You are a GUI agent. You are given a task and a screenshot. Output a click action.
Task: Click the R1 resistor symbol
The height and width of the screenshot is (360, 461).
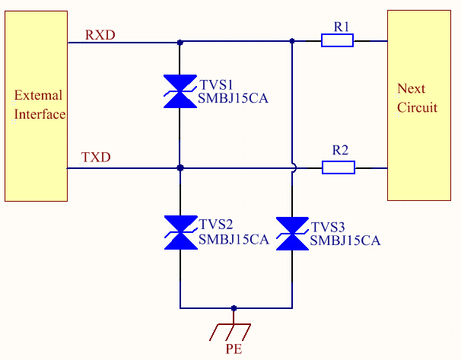coord(337,42)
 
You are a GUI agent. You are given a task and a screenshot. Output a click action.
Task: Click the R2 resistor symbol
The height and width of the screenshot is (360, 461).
coord(339,167)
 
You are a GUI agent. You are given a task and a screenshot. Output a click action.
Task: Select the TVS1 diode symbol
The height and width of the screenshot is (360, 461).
coord(180,91)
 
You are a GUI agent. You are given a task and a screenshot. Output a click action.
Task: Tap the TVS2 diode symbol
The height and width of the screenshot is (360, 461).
coord(180,232)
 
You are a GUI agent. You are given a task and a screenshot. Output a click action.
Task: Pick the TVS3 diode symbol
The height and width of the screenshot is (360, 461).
coord(292,234)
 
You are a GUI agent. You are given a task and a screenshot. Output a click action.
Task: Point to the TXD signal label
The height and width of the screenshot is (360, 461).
coord(96,158)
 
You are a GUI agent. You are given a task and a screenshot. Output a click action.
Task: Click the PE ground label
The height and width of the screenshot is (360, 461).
coord(234,350)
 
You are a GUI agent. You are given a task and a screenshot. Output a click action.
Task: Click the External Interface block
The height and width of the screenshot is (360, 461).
coord(36,106)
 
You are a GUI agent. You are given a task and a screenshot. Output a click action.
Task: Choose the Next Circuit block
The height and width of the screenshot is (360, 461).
coord(418,105)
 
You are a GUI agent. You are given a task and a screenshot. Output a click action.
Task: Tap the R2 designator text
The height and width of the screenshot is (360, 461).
coord(341,150)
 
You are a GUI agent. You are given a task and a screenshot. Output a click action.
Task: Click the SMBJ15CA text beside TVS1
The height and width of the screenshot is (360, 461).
coord(234,98)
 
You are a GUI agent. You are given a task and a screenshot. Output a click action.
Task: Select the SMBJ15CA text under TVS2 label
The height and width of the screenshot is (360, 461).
coord(234,239)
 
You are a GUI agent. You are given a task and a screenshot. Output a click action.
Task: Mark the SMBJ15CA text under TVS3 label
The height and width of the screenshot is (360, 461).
coord(345,241)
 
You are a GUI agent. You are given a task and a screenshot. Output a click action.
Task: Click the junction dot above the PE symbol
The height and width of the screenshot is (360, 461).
coord(234,308)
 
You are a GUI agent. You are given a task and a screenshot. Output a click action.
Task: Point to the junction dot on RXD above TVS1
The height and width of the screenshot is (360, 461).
coord(180,43)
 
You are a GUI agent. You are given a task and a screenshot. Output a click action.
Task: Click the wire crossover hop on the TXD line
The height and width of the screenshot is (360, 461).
coord(292,167)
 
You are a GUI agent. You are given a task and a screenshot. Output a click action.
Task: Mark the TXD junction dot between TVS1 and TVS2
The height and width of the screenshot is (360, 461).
coord(180,167)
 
